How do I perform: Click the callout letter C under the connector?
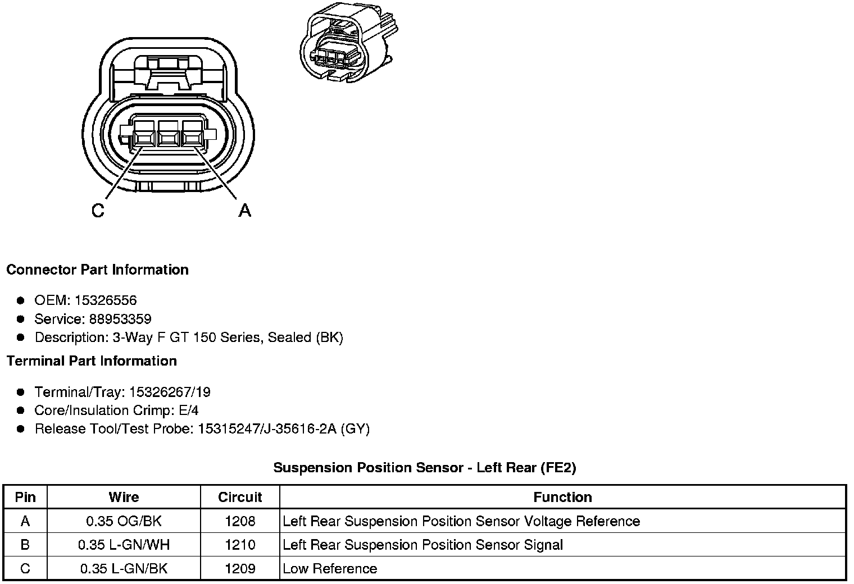(98, 211)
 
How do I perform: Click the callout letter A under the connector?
(244, 211)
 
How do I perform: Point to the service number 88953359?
(120, 319)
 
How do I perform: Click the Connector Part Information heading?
(97, 270)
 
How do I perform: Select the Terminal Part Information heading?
(92, 361)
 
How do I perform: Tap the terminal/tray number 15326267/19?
(170, 392)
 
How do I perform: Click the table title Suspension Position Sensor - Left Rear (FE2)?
(425, 467)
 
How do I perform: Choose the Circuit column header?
(240, 497)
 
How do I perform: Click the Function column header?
(562, 497)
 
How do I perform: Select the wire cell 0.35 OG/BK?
(124, 521)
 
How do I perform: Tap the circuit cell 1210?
(240, 545)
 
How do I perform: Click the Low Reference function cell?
(330, 568)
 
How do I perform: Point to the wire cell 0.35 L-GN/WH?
(124, 545)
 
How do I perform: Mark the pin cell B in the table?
(25, 545)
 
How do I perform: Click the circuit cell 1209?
(240, 568)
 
